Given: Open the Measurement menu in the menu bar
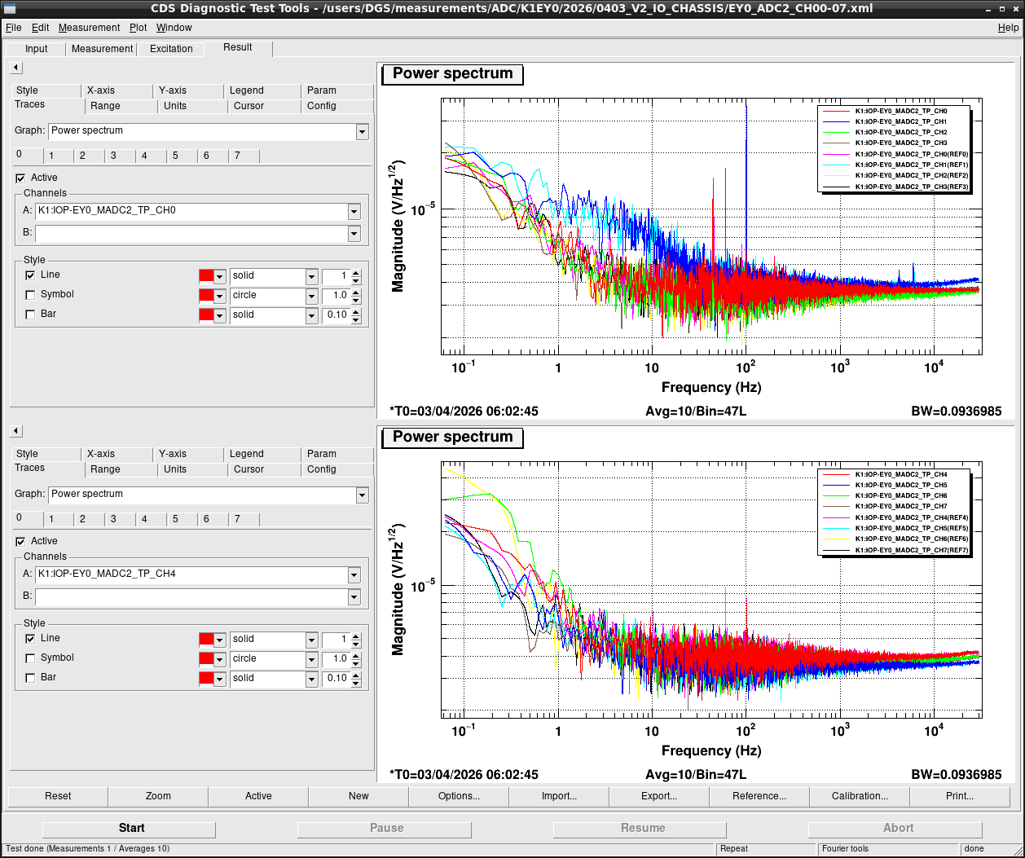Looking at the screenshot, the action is [89, 28].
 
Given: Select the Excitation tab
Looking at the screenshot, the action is [171, 49].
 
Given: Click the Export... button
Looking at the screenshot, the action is [659, 795].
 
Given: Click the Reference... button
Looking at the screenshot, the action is [759, 795].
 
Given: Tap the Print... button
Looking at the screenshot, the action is [959, 795].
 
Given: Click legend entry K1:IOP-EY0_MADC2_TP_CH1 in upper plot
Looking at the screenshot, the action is [901, 121].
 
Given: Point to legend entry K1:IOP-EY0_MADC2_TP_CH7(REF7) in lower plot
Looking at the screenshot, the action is [912, 550].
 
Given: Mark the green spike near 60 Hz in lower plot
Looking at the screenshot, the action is [725, 609].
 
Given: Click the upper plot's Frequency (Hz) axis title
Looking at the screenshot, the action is [711, 387].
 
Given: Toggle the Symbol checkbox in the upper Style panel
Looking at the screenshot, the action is [30, 294].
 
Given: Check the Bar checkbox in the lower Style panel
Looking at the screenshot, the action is [30, 678].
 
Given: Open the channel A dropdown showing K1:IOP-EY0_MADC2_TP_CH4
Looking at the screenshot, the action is [354, 574].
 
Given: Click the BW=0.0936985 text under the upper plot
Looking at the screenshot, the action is [956, 411].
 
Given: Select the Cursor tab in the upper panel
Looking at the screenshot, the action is [249, 106].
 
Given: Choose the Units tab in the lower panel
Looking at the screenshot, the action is [174, 469].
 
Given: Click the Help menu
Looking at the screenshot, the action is [1008, 28].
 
